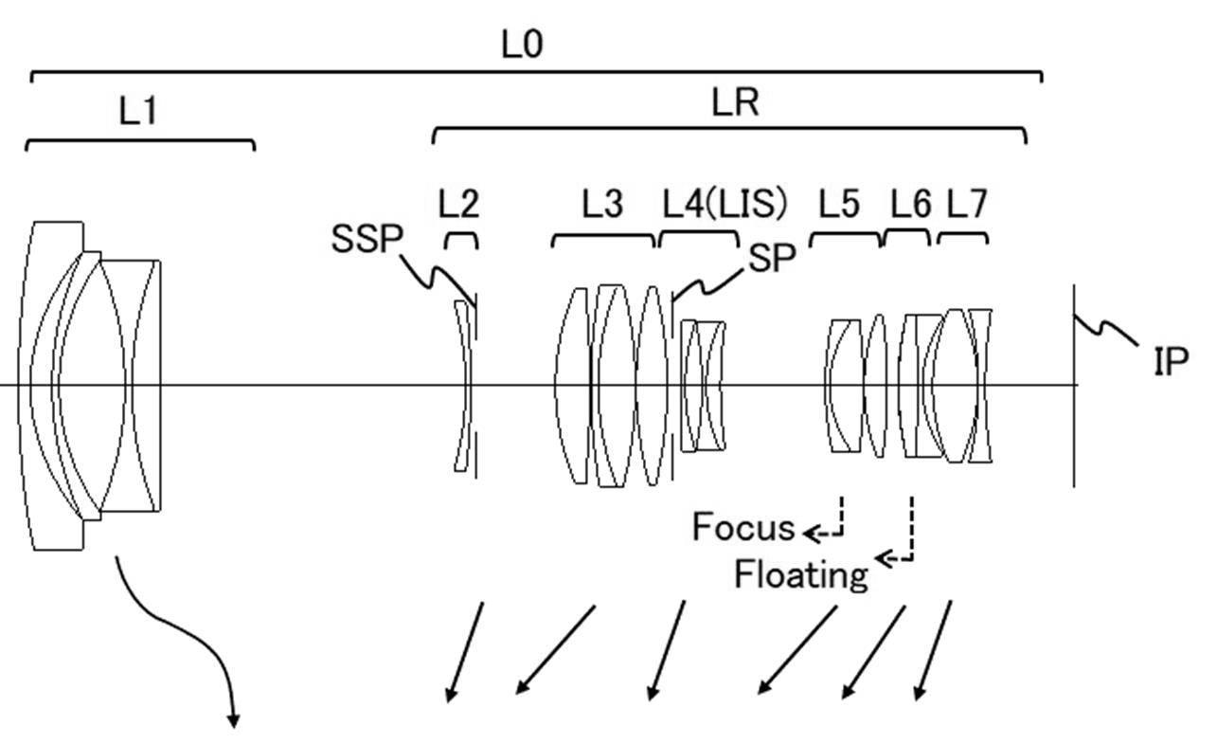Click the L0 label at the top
coord(522,45)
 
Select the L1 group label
coord(138,111)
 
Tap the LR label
coord(735,102)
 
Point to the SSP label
coord(367,238)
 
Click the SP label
coord(772,257)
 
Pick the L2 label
coord(458,204)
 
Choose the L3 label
coord(602,204)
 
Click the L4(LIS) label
coord(725,203)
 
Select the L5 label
coord(839,204)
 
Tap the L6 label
coord(910,204)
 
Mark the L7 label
coord(967,204)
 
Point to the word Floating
coord(801,575)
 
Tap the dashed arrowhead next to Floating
coord(884,558)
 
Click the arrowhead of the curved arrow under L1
coord(234,721)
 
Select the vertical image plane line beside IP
coord(1074,386)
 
